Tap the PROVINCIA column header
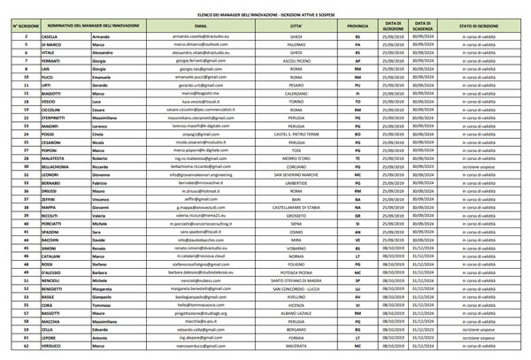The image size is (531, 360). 358,27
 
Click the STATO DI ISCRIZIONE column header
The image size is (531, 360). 479,27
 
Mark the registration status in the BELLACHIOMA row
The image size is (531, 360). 479,166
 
